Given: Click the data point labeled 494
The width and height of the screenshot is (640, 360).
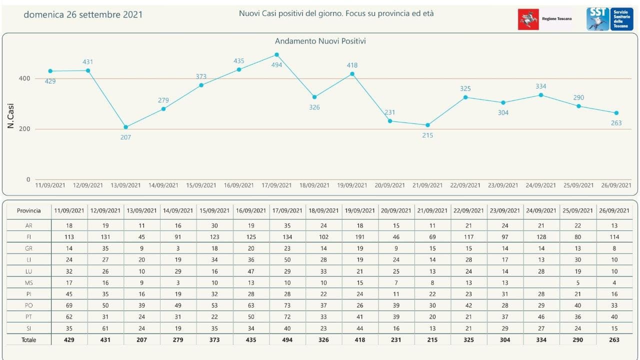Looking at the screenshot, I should pos(277,54).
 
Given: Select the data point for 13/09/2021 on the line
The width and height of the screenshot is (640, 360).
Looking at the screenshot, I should pos(125,127).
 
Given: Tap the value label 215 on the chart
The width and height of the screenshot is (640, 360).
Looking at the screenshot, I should pos(427,135).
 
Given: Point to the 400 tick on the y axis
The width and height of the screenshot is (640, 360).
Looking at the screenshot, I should pos(25,78).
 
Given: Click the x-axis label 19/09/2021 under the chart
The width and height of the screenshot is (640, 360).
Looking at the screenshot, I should pos(352,185).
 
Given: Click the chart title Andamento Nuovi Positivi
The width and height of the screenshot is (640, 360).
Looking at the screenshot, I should pos(320,41).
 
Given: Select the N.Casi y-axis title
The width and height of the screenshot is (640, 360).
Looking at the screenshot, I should pos(11,116).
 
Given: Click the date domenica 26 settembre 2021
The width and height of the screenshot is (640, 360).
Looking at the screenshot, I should pos(83,14).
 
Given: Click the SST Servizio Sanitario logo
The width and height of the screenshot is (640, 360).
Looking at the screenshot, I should pos(609,19).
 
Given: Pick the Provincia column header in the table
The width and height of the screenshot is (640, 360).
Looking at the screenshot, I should pos(29,210).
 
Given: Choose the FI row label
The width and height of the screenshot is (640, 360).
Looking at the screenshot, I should pos(29,237).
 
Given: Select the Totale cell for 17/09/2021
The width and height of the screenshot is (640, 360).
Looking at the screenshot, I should pos(286,339).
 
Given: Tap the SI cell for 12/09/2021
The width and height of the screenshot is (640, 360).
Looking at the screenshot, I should pos(105,328).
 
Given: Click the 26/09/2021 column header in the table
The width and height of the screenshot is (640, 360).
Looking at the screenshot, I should pos(614,210).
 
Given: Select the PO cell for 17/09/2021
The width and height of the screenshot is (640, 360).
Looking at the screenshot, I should pos(286,305).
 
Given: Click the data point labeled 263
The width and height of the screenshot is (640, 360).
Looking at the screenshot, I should pos(616,113).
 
